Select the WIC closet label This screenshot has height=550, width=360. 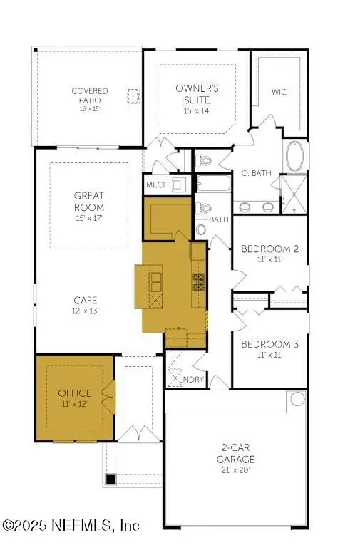click(279, 92)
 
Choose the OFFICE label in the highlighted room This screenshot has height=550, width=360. click(75, 393)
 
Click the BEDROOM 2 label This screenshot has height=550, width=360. click(269, 249)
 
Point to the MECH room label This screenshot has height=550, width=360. click(157, 185)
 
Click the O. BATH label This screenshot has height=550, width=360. click(254, 173)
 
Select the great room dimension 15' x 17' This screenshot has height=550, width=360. click(89, 217)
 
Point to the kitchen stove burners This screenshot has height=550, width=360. click(198, 281)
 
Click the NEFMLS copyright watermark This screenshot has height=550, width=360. click(71, 526)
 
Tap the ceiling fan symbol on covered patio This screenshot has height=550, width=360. click(133, 95)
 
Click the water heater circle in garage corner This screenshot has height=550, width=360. click(296, 399)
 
